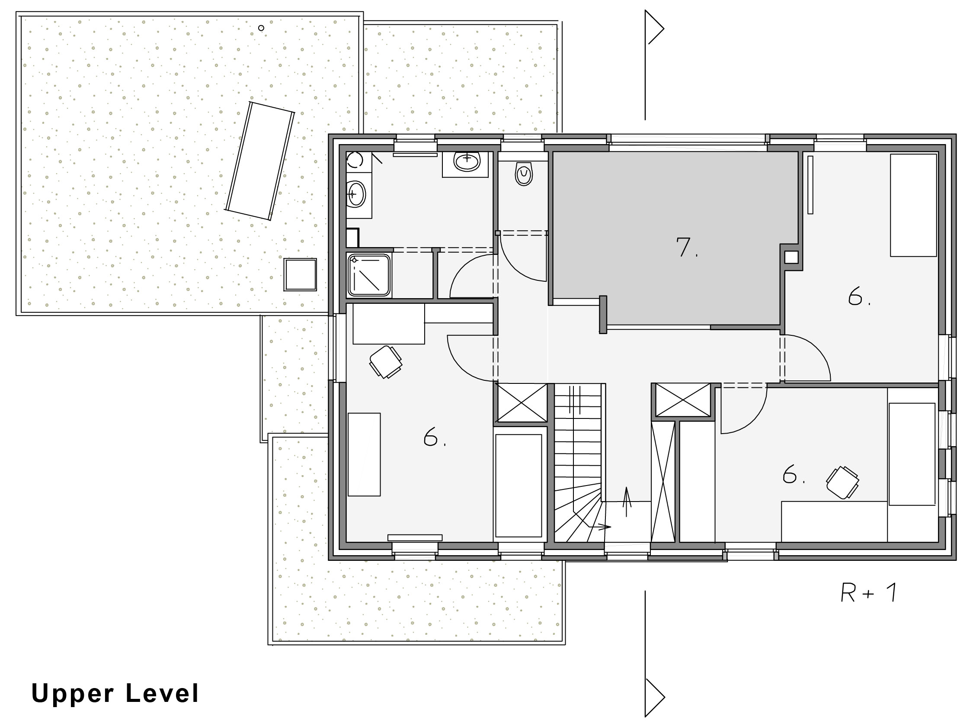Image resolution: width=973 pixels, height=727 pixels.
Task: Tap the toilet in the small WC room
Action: click(x=523, y=174)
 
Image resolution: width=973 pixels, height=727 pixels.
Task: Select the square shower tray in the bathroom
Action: click(x=369, y=276)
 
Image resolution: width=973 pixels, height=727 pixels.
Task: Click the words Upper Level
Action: click(x=115, y=694)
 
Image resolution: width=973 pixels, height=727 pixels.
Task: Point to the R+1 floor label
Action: click(x=868, y=593)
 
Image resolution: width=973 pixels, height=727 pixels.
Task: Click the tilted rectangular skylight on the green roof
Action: click(x=259, y=161)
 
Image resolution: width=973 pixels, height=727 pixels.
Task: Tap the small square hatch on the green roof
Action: click(x=300, y=274)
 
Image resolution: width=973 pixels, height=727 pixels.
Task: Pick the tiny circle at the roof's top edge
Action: click(x=261, y=28)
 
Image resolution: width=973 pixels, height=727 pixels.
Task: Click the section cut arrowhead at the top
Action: click(x=654, y=28)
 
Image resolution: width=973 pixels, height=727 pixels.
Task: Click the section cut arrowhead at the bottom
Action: click(x=654, y=697)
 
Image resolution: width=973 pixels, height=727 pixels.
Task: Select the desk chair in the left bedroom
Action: click(x=386, y=362)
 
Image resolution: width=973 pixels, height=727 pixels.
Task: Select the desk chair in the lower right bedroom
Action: click(x=842, y=483)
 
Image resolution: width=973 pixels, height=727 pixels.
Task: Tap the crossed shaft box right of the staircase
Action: click(x=682, y=399)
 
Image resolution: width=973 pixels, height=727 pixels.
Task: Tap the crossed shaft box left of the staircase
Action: click(x=522, y=403)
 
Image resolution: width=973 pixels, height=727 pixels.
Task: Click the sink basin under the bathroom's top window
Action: click(x=467, y=162)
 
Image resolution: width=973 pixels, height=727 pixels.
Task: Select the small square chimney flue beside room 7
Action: click(x=791, y=257)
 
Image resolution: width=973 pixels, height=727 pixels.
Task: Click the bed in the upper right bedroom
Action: click(x=913, y=205)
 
